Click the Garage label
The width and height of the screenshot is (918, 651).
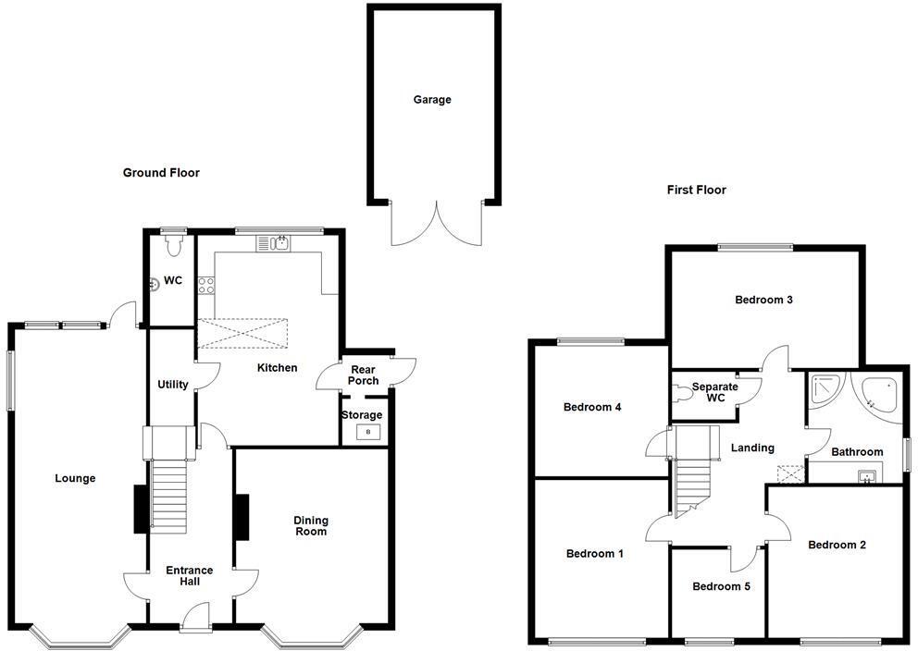pyautogui.click(x=432, y=100)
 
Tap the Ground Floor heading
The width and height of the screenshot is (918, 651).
pyautogui.click(x=161, y=173)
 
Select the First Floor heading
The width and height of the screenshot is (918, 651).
pyautogui.click(x=697, y=190)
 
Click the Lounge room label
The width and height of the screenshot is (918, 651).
pyautogui.click(x=75, y=479)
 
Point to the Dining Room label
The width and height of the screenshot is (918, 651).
pyautogui.click(x=310, y=526)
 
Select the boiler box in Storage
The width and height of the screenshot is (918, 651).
pyautogui.click(x=367, y=432)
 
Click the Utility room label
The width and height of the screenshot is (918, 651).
pyautogui.click(x=173, y=385)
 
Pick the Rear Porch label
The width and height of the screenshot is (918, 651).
pyautogui.click(x=364, y=375)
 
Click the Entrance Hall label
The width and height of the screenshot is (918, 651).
pyautogui.click(x=189, y=576)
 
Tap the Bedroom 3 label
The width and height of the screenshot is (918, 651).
pyautogui.click(x=763, y=300)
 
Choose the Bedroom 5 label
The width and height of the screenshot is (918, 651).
pyautogui.click(x=717, y=586)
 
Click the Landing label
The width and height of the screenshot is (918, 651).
pyautogui.click(x=752, y=448)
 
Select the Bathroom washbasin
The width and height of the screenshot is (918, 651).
pyautogui.click(x=867, y=477)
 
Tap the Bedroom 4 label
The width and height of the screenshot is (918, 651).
pyautogui.click(x=592, y=407)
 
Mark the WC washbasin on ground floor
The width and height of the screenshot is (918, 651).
pyautogui.click(x=155, y=285)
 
